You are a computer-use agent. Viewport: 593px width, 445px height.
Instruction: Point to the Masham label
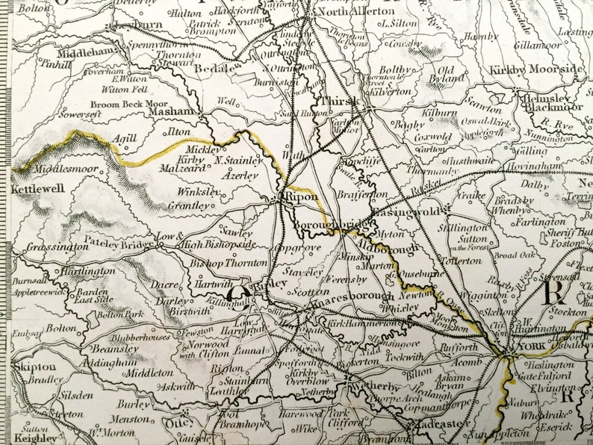172,112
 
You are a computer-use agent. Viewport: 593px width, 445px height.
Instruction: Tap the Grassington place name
57,245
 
